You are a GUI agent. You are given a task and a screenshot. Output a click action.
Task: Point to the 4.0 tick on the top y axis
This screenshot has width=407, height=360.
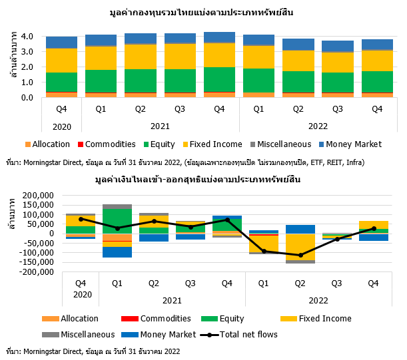pos(29,37)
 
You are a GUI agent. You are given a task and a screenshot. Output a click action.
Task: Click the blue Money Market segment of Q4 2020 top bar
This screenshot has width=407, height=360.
pos(61,43)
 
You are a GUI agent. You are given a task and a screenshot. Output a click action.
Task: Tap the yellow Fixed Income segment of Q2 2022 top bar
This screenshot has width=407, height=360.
pos(298,61)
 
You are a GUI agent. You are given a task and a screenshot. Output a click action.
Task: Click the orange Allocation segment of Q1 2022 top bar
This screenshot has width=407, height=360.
pos(258,95)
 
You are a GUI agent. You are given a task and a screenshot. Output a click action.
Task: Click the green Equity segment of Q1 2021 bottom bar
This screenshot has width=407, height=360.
pos(117,218)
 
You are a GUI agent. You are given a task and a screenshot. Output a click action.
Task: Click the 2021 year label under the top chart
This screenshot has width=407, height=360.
pos(159,126)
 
